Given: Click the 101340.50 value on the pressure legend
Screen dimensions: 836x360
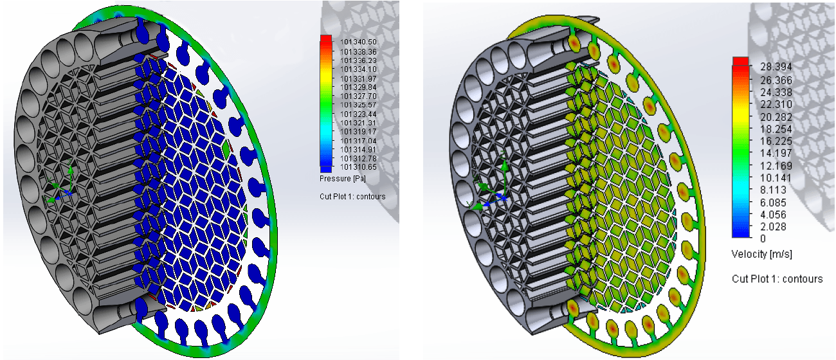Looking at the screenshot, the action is [x=358, y=42].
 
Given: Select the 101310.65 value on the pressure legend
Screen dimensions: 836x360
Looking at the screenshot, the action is [x=358, y=166].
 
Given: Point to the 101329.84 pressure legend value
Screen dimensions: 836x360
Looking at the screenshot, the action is [x=358, y=87].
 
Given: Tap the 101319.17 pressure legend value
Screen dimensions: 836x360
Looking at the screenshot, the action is [x=358, y=132].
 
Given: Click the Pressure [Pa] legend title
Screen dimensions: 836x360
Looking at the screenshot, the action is [x=343, y=179].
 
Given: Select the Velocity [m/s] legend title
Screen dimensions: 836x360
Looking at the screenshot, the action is [x=761, y=255].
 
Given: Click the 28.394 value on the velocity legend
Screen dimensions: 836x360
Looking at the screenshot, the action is [x=776, y=67].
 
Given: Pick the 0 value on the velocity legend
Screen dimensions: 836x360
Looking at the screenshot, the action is [x=763, y=239].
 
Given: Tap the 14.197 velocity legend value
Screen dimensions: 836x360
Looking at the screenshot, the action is [x=776, y=153].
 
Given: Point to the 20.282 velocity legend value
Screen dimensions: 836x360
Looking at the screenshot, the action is [x=776, y=117].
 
